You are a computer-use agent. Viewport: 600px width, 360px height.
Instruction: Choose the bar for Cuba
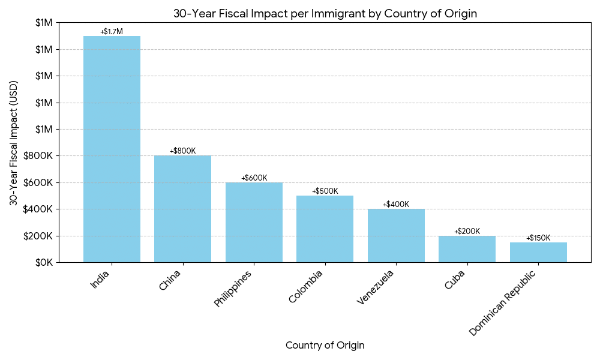pos(467,249)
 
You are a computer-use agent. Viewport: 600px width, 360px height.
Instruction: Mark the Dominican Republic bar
pos(538,252)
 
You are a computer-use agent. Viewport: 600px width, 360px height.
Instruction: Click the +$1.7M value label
pos(112,31)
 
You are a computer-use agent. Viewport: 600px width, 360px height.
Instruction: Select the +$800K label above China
pos(182,151)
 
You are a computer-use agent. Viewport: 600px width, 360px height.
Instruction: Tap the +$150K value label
pos(538,238)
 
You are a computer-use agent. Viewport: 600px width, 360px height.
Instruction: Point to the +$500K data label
pos(325,191)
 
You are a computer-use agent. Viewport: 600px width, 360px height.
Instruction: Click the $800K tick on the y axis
pos(41,156)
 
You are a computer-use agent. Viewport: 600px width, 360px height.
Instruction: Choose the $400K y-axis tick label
pos(41,209)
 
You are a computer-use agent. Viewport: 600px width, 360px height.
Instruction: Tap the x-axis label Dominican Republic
pos(502,304)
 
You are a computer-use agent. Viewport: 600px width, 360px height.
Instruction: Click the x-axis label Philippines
pos(233,289)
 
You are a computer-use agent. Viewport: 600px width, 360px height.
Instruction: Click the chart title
pos(325,14)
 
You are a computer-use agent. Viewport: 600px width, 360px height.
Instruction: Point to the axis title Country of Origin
pos(325,346)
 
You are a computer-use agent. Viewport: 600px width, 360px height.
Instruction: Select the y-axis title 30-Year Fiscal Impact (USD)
pos(14,143)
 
